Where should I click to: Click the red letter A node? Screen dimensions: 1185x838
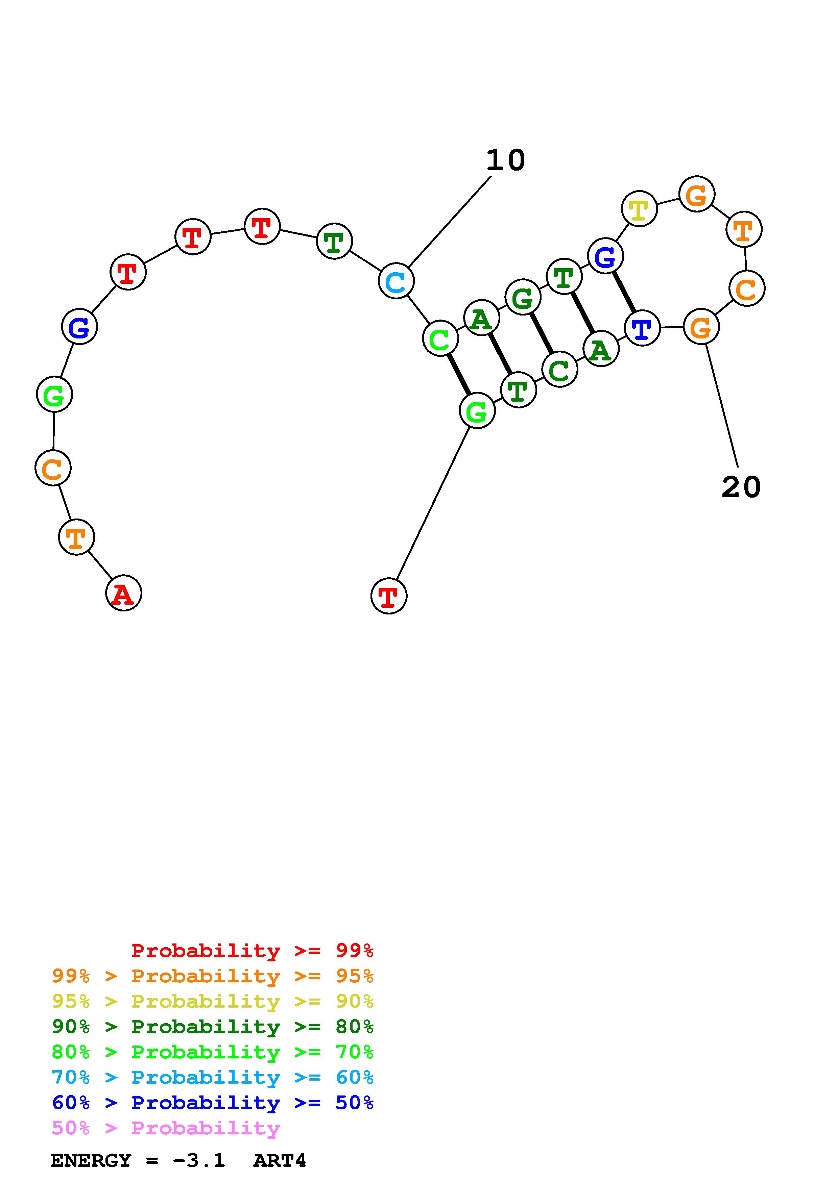(x=123, y=593)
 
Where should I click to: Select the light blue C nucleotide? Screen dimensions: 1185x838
(x=396, y=281)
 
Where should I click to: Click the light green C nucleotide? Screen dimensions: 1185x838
(x=440, y=339)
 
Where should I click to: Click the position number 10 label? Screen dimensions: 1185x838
(x=505, y=160)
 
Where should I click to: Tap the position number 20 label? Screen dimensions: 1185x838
(x=741, y=487)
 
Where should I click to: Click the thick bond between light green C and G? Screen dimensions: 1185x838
(x=458, y=375)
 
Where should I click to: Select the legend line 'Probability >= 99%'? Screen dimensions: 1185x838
(x=253, y=951)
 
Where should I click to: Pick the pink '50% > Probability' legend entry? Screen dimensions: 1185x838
(x=166, y=1128)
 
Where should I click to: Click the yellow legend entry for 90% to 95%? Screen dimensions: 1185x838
(x=213, y=1001)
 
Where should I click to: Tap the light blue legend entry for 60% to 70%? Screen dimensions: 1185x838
(x=213, y=1077)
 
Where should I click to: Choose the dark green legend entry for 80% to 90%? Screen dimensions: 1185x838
(x=213, y=1027)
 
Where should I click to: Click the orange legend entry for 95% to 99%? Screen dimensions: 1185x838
(x=213, y=976)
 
